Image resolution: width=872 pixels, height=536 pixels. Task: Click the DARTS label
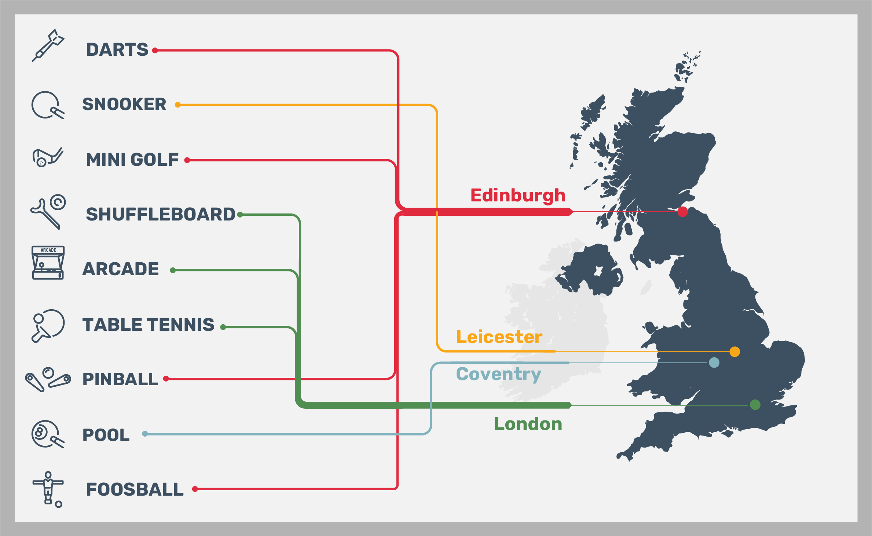117,50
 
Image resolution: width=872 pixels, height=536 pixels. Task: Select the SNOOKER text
124,104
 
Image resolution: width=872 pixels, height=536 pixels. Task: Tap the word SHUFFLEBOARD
160,214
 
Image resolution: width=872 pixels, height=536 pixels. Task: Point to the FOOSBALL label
135,489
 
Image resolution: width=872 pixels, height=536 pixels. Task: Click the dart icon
48,45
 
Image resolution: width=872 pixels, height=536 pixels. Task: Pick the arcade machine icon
48,263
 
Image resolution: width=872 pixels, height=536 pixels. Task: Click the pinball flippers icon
48,379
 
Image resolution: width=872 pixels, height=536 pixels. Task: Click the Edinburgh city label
518,196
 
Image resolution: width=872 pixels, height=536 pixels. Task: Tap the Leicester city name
499,337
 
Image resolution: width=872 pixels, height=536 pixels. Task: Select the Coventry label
498,374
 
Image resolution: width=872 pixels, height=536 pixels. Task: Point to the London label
528,424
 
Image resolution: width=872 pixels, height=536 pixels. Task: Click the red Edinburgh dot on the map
682,212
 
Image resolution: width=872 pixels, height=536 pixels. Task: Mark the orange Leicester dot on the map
734,351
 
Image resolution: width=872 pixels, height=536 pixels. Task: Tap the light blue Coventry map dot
714,363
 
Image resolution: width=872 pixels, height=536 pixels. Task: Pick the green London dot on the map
755,405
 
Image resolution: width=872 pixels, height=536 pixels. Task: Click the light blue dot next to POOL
145,434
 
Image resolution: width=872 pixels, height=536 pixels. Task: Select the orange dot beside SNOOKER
177,105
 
